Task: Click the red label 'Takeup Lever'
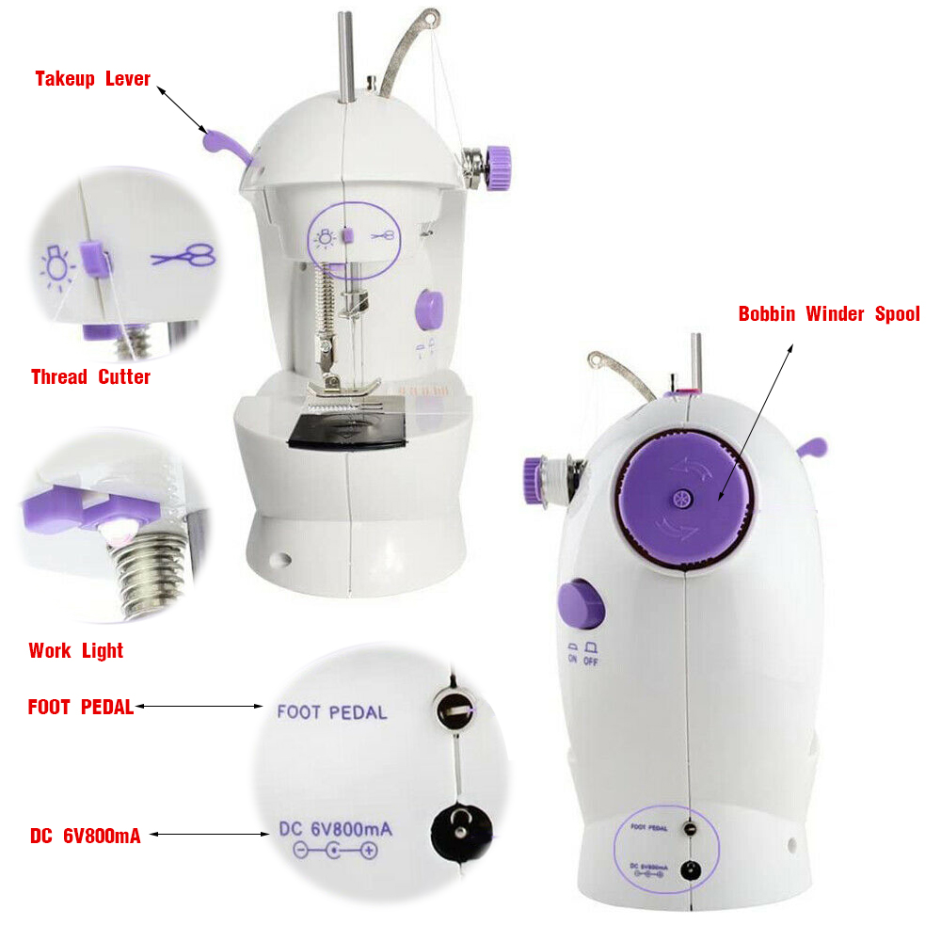pyautogui.click(x=92, y=79)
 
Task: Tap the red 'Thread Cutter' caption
pyautogui.click(x=90, y=377)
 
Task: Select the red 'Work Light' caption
pyautogui.click(x=76, y=650)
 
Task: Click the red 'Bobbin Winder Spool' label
pyautogui.click(x=829, y=314)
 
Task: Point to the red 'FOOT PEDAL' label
pyautogui.click(x=81, y=707)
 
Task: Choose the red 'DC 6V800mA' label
pyautogui.click(x=86, y=836)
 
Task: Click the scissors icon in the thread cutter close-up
pyautogui.click(x=184, y=256)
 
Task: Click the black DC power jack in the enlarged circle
pyautogui.click(x=461, y=831)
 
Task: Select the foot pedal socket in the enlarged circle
pyautogui.click(x=454, y=710)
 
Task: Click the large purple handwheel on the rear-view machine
pyautogui.click(x=684, y=500)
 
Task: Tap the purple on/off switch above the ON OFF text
pyautogui.click(x=581, y=604)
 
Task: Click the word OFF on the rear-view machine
pyautogui.click(x=591, y=662)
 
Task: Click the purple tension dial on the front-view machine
pyautogui.click(x=498, y=167)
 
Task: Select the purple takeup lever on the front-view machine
pyautogui.click(x=226, y=147)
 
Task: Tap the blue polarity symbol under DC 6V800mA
pyautogui.click(x=336, y=851)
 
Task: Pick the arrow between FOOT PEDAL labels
pyautogui.click(x=199, y=707)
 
